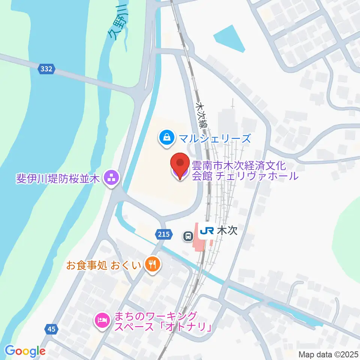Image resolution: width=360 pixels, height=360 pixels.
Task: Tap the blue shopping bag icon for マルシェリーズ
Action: pyautogui.click(x=166, y=137)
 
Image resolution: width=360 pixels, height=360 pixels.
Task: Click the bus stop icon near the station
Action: pyautogui.click(x=188, y=236)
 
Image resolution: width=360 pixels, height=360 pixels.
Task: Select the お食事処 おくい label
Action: pyautogui.click(x=103, y=266)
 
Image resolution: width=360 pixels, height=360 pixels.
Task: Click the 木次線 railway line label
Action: pyautogui.click(x=201, y=115)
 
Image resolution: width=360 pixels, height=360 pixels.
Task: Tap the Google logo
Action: pyautogui.click(x=25, y=351)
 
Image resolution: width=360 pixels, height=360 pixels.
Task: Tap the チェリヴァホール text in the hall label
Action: pyautogui.click(x=256, y=175)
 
